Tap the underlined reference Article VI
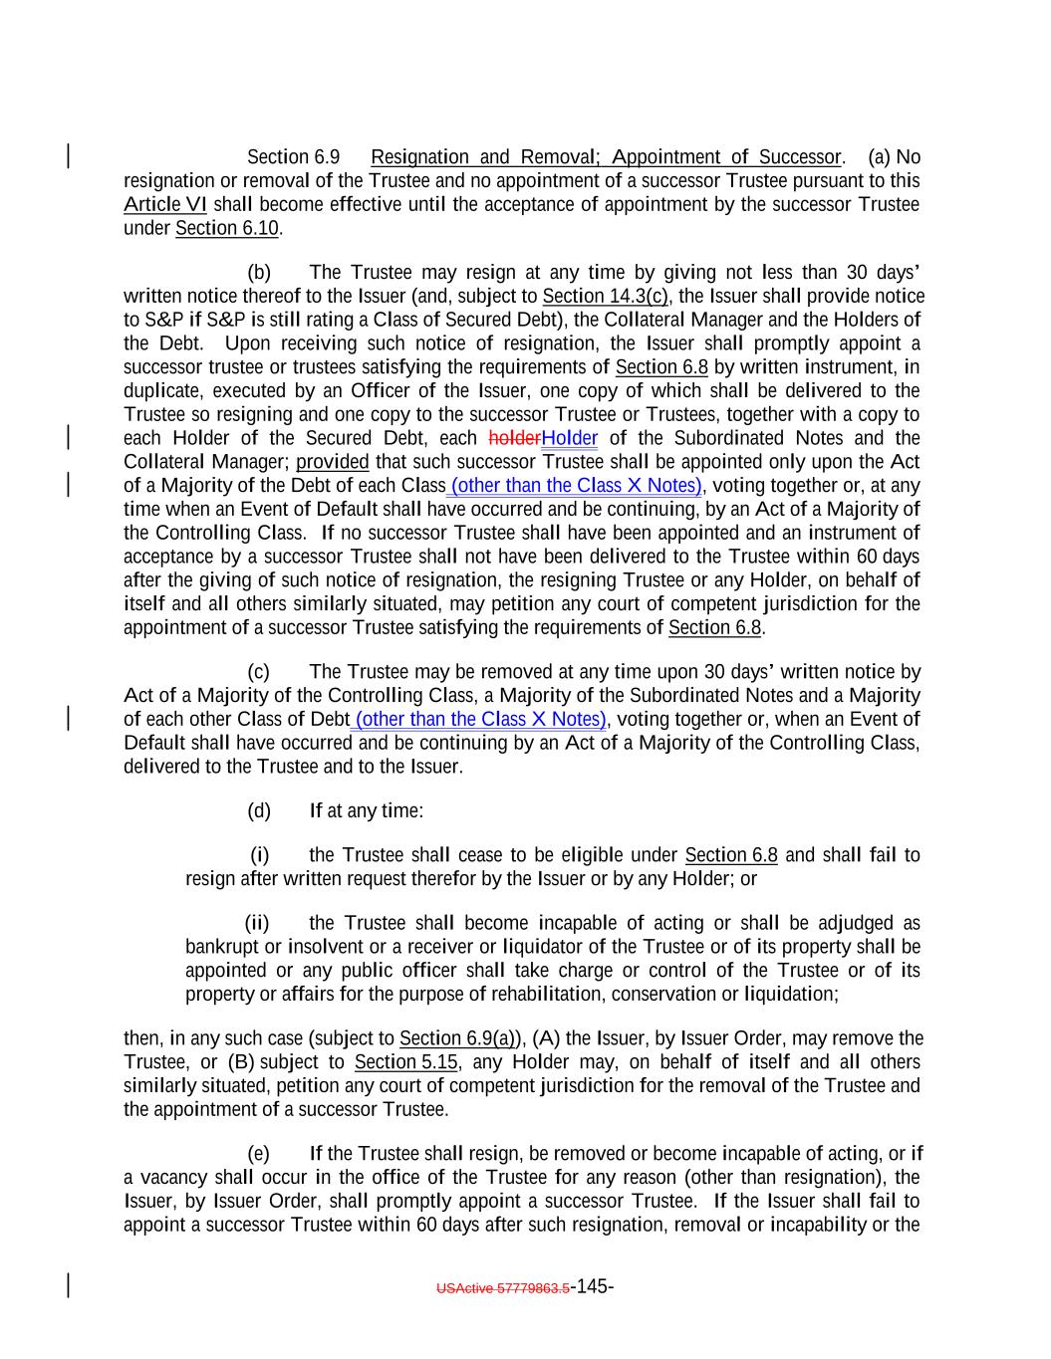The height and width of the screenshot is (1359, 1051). (x=165, y=205)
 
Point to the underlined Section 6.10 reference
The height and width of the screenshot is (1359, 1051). (x=227, y=229)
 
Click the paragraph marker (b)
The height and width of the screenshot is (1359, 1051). (x=259, y=273)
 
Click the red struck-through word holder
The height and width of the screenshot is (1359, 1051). (x=514, y=439)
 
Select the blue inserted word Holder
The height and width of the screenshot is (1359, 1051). (x=570, y=439)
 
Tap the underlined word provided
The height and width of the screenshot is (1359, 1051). (x=333, y=462)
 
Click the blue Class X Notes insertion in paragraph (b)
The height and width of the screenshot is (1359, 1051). (x=577, y=486)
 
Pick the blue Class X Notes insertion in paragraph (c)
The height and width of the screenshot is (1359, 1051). (x=480, y=720)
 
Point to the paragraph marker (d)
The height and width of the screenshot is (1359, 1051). (x=259, y=811)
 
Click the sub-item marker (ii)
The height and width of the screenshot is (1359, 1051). (x=257, y=924)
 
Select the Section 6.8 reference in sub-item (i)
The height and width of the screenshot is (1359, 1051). (x=731, y=856)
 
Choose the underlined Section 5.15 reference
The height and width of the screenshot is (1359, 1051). (x=405, y=1062)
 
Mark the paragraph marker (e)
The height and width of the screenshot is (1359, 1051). (x=259, y=1154)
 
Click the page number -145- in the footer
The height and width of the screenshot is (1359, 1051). (x=592, y=1286)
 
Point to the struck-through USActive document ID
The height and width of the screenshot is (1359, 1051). (x=503, y=1288)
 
